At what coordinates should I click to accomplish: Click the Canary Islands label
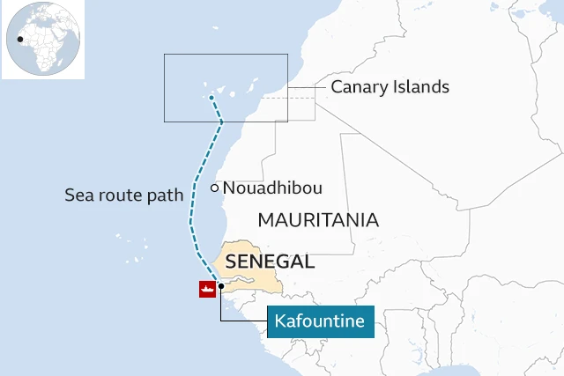(x=390, y=87)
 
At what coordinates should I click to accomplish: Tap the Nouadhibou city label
(x=272, y=188)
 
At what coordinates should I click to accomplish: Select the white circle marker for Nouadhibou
(x=214, y=188)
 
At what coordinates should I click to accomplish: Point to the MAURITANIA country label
(x=317, y=220)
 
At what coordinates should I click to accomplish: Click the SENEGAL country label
(x=271, y=262)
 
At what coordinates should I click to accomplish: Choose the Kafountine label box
(x=319, y=321)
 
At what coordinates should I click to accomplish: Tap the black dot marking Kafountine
(x=221, y=287)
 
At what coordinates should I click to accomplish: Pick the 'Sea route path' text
(x=123, y=195)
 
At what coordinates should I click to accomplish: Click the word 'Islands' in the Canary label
(x=421, y=87)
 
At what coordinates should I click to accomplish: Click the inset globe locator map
(x=43, y=40)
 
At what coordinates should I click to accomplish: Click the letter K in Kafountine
(x=278, y=321)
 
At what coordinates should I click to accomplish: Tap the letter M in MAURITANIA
(x=265, y=220)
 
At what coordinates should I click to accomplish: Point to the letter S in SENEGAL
(x=233, y=262)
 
